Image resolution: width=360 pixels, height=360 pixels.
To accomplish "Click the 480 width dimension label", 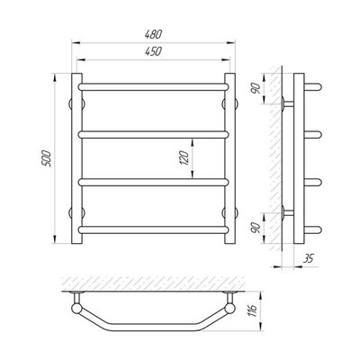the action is coord(153,34).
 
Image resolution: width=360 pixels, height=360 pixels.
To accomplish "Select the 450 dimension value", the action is coord(153,51).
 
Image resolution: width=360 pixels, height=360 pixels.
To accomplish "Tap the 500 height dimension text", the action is coord(48,158).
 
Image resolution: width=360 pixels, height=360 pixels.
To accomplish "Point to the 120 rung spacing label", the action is coord(185,157).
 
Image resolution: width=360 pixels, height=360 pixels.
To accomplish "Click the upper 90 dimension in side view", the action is coord(256,89).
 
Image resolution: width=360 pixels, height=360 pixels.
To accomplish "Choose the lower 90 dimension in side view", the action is coord(256,229).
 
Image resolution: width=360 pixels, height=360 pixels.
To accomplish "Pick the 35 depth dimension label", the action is coord(308,258).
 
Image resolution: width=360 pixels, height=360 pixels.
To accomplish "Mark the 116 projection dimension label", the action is coord(253,310).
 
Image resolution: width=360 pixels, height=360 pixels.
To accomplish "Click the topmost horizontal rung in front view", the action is coord(153,87).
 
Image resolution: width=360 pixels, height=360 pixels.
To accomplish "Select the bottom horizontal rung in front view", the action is coord(153,230).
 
